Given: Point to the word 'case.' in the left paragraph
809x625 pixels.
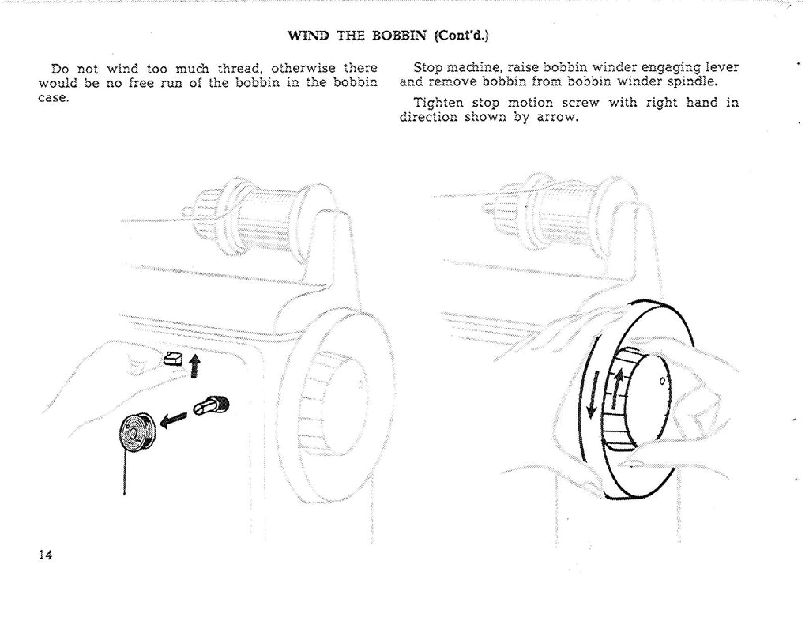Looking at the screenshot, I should [x=55, y=98].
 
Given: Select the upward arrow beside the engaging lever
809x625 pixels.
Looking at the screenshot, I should [x=195, y=364].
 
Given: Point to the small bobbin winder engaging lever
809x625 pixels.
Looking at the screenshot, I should [x=172, y=360].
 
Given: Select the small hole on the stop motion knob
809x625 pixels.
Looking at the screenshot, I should [x=662, y=382].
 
